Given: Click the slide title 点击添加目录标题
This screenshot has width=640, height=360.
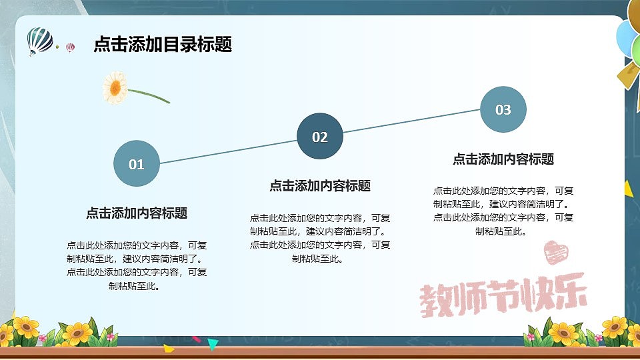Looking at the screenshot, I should coord(163,45).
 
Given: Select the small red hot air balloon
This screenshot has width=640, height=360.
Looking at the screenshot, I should coord(70,47).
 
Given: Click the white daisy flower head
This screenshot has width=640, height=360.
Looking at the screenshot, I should coord(115,87).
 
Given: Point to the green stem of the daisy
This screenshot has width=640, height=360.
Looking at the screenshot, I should coord(150,96).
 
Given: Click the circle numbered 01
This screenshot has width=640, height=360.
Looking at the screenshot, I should coord(137,164).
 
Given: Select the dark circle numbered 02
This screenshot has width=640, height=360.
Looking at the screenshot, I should coord(320,137).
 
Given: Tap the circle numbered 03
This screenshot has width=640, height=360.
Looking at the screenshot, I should coord(503,109).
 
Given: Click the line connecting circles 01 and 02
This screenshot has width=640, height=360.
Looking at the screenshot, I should coord(228,151).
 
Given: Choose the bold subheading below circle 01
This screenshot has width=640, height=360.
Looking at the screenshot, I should coord(137,213).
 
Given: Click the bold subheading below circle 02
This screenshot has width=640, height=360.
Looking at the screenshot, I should coord(320,186).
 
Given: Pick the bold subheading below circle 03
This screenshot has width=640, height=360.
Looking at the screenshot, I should coord(503,159).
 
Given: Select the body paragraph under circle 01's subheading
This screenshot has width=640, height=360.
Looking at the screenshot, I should coord(137,265).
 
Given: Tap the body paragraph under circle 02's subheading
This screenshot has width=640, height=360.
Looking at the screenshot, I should coord(320,238).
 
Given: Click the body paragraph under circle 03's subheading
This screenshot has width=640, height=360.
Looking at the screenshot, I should coord(503,211).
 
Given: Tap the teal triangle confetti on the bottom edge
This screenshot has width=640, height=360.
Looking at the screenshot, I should coord(213,344).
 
